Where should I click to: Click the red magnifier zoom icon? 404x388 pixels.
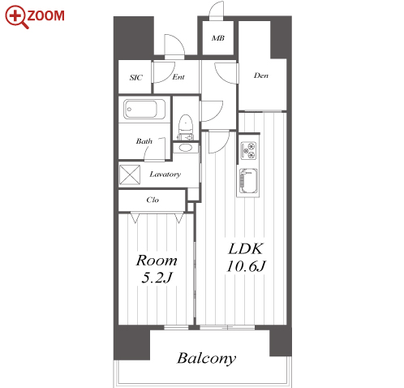pos(17,17)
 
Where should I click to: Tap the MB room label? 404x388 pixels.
pos(218,38)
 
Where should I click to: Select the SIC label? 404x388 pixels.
pos(135,78)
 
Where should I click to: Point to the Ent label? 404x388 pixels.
pos(178,77)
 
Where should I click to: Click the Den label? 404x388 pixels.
pos(261,75)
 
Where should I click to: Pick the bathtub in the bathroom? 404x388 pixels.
pos(144,109)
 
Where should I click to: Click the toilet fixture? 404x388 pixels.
pos(186,127)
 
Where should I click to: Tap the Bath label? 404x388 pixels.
pos(144,141)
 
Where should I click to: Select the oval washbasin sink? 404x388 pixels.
pos(186,148)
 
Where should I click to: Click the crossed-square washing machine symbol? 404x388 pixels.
pos(130,175)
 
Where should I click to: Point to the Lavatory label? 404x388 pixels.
pos(165,175)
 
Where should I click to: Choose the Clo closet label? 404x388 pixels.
pos(153,200)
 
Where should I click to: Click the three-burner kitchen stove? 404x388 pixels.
pos(248,150)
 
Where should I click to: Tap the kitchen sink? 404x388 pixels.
pos(248,181)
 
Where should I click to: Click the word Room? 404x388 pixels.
pos(157,261)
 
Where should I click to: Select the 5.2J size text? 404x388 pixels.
pos(157,278)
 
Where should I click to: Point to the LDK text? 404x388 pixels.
pos(246,248)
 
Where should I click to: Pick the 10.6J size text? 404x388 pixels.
pos(246,266)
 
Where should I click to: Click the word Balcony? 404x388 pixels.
pos(207,359)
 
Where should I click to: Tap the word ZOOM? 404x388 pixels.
pos(45,15)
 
